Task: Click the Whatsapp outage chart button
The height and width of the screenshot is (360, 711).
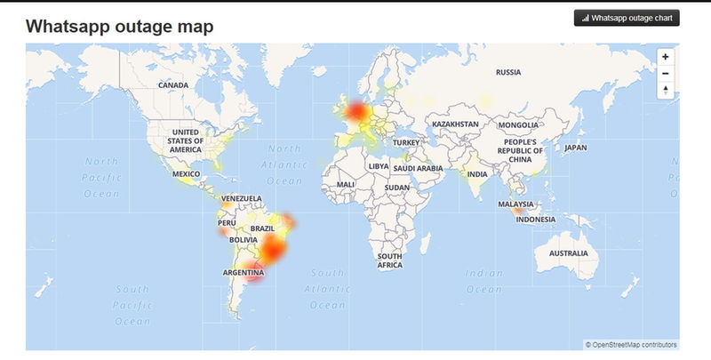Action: point(627,17)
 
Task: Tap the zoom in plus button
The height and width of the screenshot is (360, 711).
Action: point(666,56)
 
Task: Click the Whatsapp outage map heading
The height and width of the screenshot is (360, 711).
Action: point(119,26)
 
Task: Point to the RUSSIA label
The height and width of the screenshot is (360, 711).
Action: point(508,72)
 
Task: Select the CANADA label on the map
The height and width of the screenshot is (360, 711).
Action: point(173,85)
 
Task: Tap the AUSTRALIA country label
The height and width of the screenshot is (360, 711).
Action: point(568,253)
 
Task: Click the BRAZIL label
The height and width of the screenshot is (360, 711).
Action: point(262,228)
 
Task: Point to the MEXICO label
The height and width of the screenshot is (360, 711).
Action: point(187,173)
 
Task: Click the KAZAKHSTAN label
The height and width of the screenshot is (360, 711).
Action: point(455,124)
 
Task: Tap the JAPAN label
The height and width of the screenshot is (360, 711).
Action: point(576,148)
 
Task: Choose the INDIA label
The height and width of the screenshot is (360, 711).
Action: point(477,174)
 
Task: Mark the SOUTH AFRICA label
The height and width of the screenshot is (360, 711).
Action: point(390,260)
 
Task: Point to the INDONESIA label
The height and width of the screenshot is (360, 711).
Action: point(535,220)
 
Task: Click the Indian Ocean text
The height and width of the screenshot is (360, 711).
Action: point(484,281)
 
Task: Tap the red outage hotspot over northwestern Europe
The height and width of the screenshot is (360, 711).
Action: point(357,112)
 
